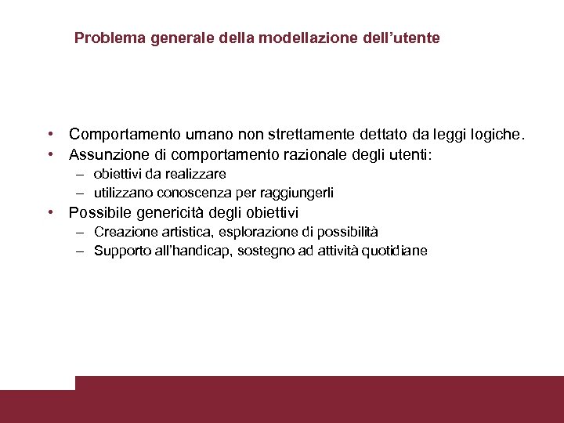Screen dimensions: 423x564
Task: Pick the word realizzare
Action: pyautogui.click(x=197, y=174)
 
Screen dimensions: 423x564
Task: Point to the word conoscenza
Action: pyautogui.click(x=197, y=193)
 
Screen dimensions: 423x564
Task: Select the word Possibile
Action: pyautogui.click(x=99, y=212)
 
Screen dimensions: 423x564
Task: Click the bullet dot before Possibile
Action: pyautogui.click(x=49, y=212)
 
